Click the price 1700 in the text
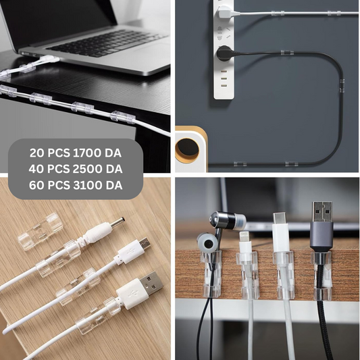point(86,153)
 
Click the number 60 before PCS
point(36,185)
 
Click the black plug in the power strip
point(224,53)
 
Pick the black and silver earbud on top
point(228,220)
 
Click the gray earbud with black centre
point(206,244)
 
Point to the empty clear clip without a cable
point(41,231)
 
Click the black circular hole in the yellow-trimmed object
point(188,148)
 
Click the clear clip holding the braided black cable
point(322,276)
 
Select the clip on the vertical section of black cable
point(342,85)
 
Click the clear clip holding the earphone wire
point(211,274)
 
